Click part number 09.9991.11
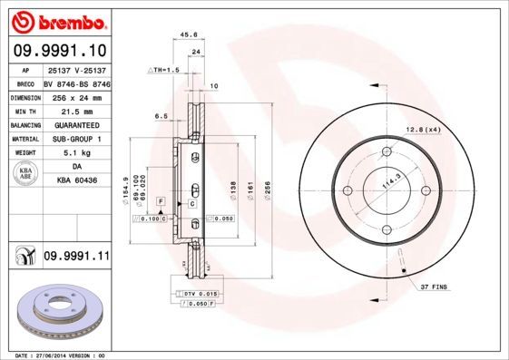click(x=76, y=258)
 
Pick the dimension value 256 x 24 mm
click(x=76, y=96)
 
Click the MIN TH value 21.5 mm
click(x=76, y=111)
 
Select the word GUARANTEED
click(x=76, y=125)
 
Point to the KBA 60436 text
click(x=76, y=181)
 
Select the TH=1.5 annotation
click(x=164, y=69)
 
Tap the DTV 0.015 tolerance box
click(x=196, y=295)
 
